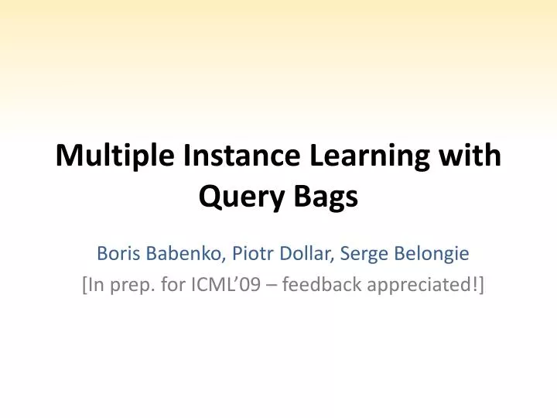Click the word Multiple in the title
115,156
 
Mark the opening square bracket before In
84,286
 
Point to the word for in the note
172,286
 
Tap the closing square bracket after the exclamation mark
481,286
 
